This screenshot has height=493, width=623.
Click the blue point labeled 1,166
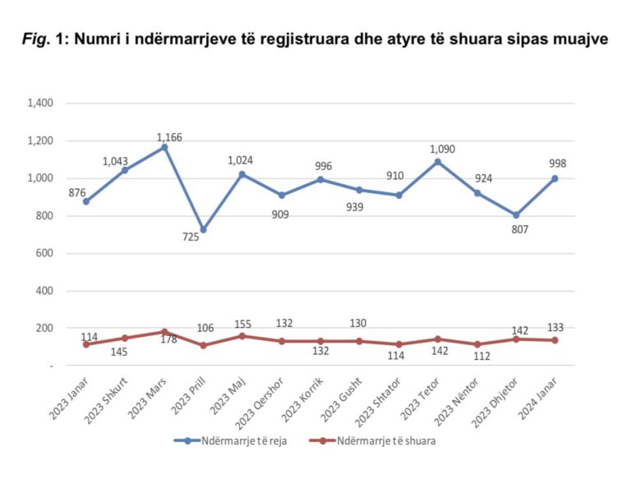[x=164, y=147]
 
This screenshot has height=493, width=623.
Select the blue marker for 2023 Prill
[x=203, y=230]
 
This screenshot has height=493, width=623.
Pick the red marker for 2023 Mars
[x=164, y=332]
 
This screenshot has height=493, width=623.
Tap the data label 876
[x=78, y=193]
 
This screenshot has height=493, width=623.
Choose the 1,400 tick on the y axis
[x=40, y=104]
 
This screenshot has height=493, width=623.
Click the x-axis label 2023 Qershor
[x=263, y=396]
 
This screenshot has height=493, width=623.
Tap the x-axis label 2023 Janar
[x=68, y=394]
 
